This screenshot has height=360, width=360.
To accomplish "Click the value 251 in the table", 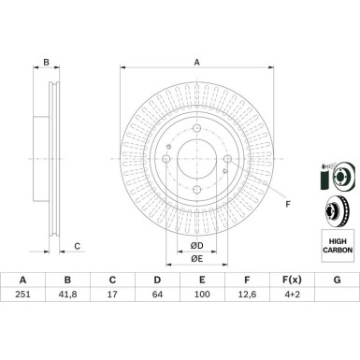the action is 22,295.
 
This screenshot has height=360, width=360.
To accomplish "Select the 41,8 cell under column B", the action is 67,295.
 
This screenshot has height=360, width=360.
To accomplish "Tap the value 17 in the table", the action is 112,295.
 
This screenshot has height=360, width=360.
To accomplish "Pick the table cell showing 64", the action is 157,295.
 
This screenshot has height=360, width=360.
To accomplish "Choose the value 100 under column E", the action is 202,295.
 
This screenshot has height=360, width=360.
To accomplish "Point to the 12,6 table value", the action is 247,295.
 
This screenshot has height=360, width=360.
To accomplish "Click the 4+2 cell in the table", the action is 292,295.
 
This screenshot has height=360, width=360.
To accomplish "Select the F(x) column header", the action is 292,280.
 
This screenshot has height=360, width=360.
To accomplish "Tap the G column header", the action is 337,280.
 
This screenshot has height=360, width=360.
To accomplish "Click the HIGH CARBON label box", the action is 338,246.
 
